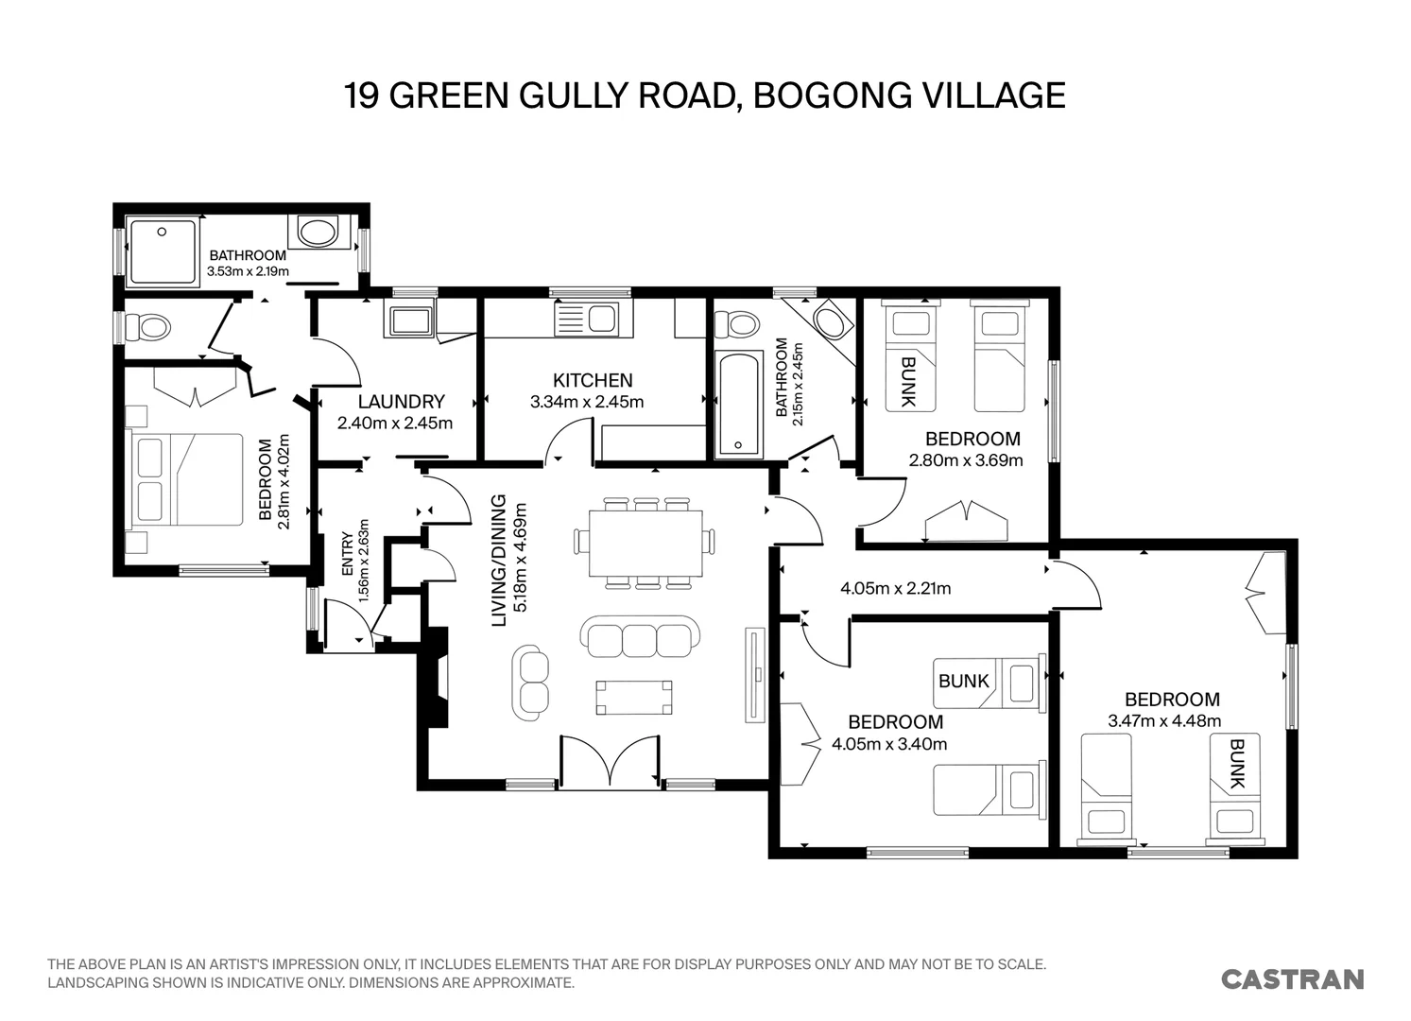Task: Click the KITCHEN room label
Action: click(x=593, y=380)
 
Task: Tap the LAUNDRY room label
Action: click(x=402, y=402)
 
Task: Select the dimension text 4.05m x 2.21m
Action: click(x=895, y=588)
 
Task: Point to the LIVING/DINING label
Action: click(x=498, y=561)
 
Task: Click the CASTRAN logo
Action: click(x=1293, y=979)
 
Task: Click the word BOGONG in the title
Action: click(x=832, y=95)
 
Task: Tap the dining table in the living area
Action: click(x=645, y=543)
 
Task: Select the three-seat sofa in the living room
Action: click(x=640, y=637)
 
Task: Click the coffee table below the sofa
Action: click(x=634, y=697)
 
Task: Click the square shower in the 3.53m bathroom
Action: click(x=163, y=251)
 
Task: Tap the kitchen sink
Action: click(x=594, y=319)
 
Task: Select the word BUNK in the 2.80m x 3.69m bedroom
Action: click(x=907, y=381)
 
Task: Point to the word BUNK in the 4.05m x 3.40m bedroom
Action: click(x=963, y=681)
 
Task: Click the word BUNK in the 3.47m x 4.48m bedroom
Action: click(x=1236, y=764)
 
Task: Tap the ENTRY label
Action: click(x=347, y=554)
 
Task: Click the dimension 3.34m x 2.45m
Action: click(x=587, y=402)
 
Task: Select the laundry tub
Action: click(x=408, y=320)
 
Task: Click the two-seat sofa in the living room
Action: click(x=530, y=682)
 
